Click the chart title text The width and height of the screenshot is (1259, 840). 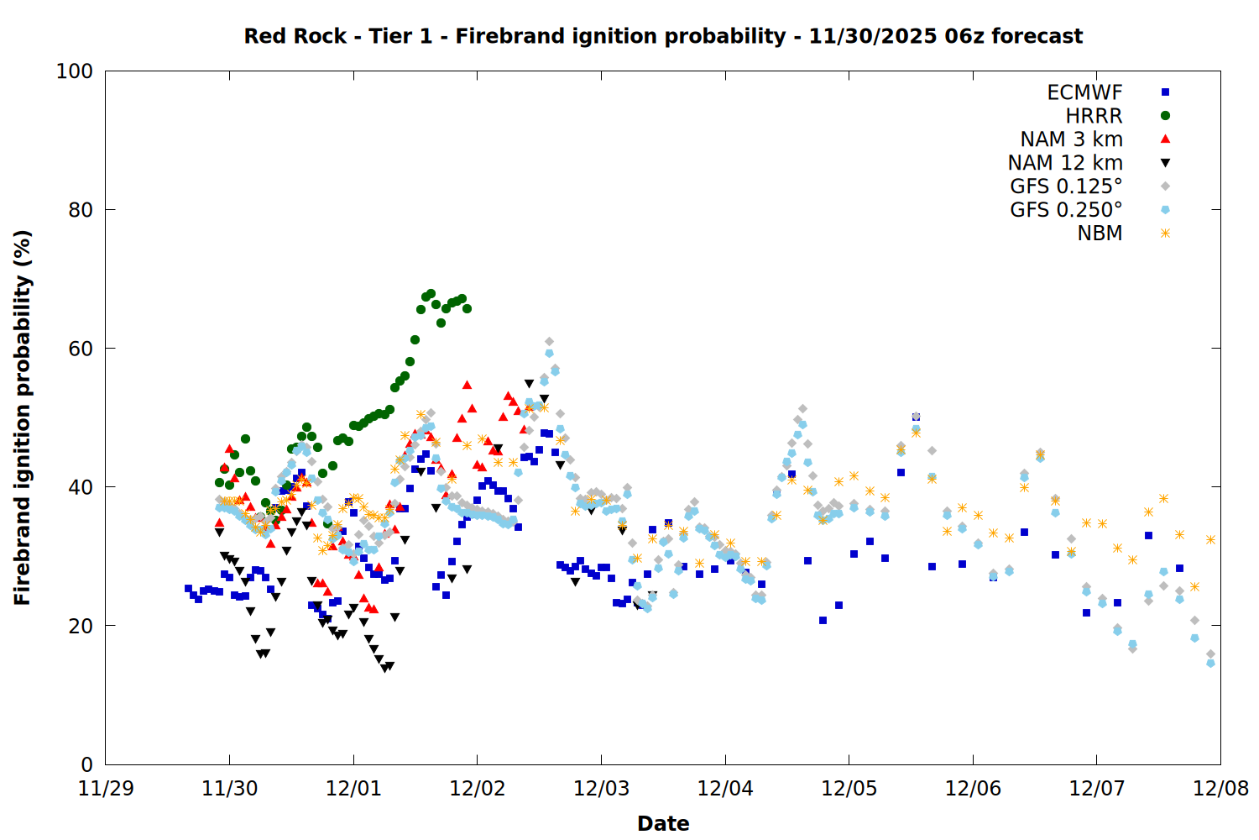point(663,36)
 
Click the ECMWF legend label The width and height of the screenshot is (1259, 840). point(1084,92)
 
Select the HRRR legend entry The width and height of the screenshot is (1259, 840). point(1094,116)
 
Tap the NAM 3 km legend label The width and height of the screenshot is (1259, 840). point(1071,139)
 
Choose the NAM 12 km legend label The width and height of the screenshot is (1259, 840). point(1065,163)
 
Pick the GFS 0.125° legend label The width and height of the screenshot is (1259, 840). point(1066,186)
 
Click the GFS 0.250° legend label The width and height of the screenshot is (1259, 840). point(1066,210)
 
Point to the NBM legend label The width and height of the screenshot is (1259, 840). point(1100,234)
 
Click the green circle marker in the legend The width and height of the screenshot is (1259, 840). point(1165,116)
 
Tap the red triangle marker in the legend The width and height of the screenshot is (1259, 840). point(1165,139)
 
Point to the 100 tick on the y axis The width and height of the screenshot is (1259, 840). point(75,71)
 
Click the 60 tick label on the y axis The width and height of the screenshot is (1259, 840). point(81,349)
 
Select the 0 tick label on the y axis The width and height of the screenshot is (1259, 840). point(86,764)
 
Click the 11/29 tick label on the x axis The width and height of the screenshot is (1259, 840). point(105,789)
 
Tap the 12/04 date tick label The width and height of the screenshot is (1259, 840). point(724,789)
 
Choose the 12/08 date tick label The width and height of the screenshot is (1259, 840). point(1220,789)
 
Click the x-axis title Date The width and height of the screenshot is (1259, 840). point(663,823)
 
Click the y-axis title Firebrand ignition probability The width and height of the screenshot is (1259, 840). point(23,417)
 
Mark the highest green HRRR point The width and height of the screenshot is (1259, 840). point(431,294)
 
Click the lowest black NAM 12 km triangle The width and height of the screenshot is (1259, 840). point(384,669)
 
